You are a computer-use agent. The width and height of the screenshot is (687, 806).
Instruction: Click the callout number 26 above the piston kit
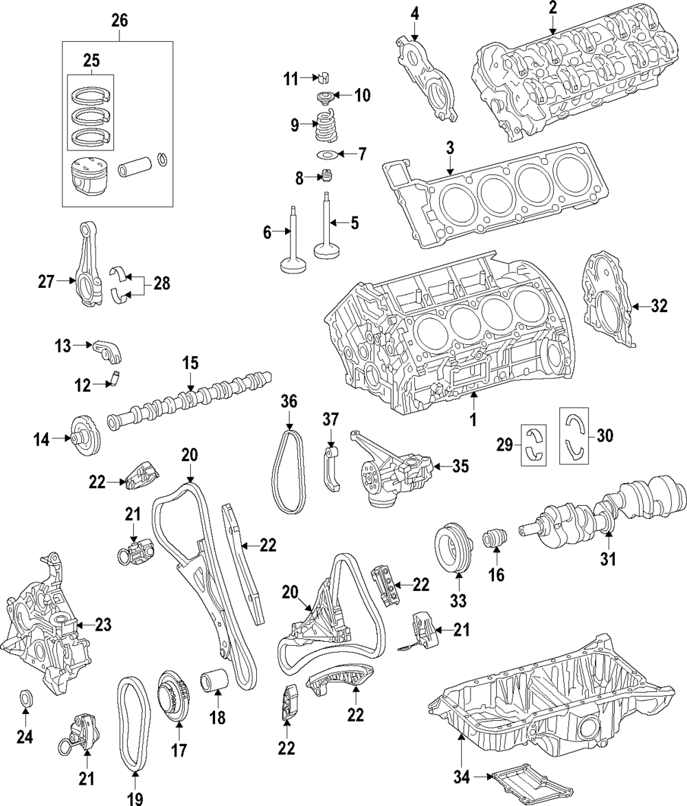[x=120, y=21]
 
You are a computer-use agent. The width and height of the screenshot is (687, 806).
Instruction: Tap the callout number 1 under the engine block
[x=473, y=419]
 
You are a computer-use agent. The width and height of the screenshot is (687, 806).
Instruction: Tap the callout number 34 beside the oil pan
[x=462, y=778]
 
